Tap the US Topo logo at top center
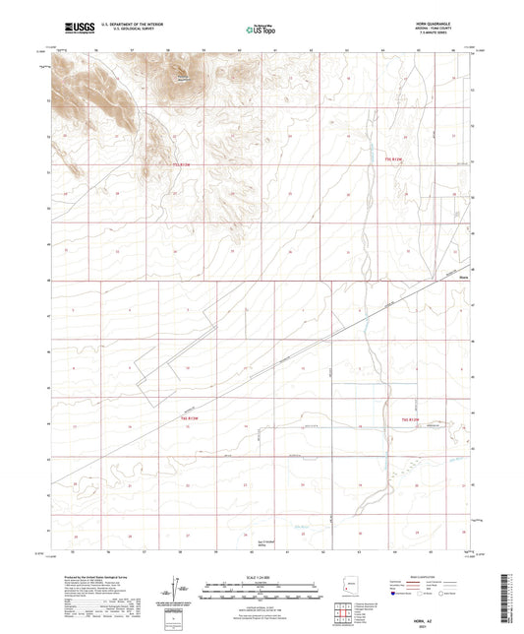[x=259, y=31]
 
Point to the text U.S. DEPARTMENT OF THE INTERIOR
[x=122, y=27]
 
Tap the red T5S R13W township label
[x=179, y=165]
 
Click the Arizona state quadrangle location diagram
[x=346, y=593]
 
